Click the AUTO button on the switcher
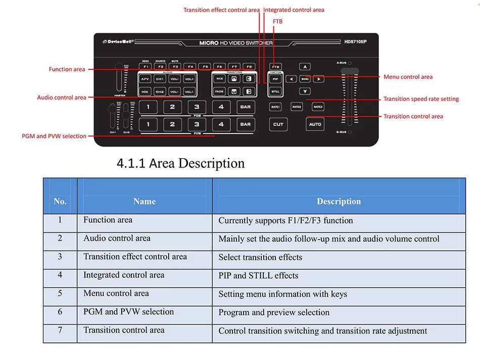click(315, 124)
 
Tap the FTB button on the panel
click(275, 66)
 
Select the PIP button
click(275, 79)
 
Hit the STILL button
click(275, 92)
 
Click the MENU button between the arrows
click(305, 79)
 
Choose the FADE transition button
click(219, 92)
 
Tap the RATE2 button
click(297, 107)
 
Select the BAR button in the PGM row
click(245, 107)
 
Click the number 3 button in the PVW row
click(197, 124)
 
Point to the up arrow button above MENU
click(304, 66)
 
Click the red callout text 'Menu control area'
click(408, 77)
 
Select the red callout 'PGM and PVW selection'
click(54, 136)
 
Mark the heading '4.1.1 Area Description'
click(180, 163)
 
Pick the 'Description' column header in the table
click(339, 201)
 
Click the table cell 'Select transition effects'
click(260, 257)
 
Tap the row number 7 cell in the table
click(60, 330)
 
